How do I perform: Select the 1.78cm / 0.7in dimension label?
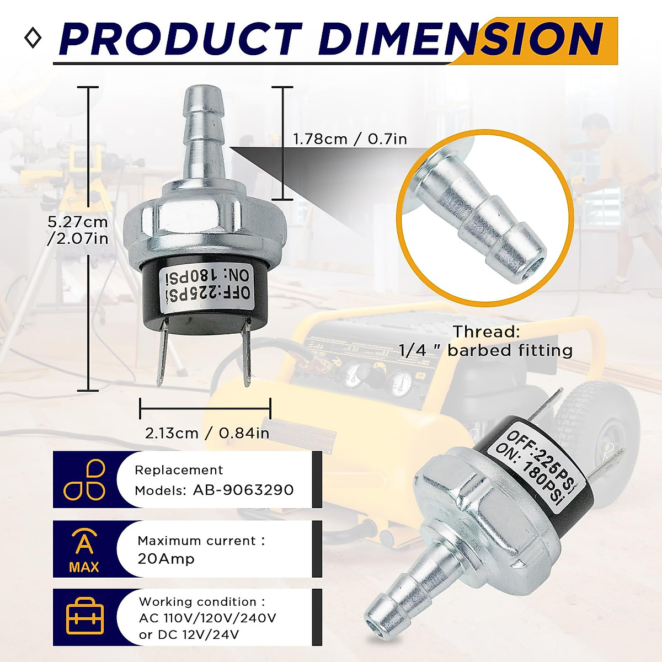350,139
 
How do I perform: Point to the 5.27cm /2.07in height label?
78,230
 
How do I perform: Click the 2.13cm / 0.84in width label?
207,433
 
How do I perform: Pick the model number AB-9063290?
243,490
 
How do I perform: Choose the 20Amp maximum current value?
166,559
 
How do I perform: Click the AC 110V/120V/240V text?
207,618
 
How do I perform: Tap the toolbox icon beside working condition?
85,617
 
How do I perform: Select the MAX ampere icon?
84,549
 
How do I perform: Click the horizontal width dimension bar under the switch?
205,409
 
